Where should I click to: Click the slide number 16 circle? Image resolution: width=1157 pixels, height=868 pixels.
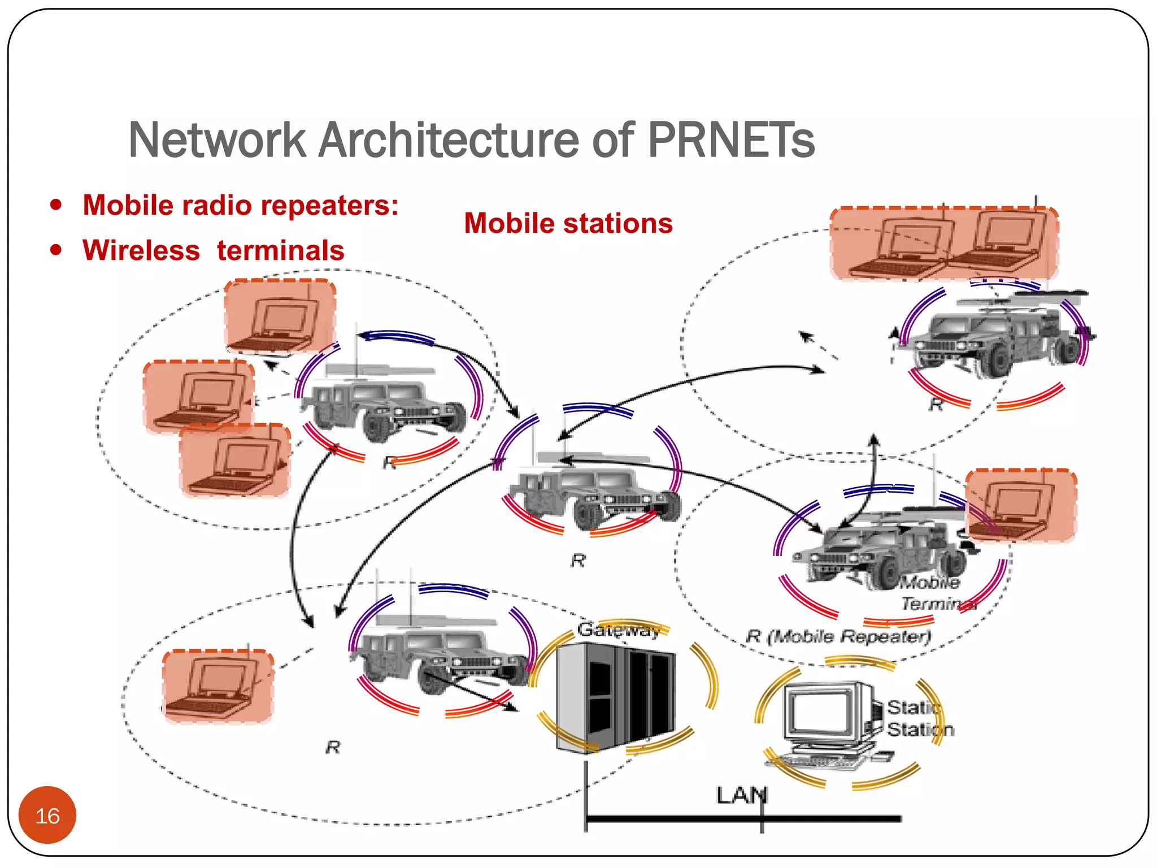click(x=47, y=815)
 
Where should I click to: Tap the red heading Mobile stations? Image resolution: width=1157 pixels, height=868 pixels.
click(x=568, y=223)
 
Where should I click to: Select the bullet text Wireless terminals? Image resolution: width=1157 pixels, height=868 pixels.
click(x=214, y=250)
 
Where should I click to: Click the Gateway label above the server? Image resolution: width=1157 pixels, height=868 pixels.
click(x=619, y=629)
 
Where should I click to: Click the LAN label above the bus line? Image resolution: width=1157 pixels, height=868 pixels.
click(x=741, y=796)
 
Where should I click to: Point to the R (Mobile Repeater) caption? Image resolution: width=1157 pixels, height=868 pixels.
click(x=838, y=637)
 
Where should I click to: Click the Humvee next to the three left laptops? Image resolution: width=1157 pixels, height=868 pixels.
click(x=384, y=407)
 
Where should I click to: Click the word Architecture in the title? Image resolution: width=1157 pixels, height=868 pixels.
click(x=449, y=140)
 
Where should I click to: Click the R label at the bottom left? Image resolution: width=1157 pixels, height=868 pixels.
click(x=333, y=748)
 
